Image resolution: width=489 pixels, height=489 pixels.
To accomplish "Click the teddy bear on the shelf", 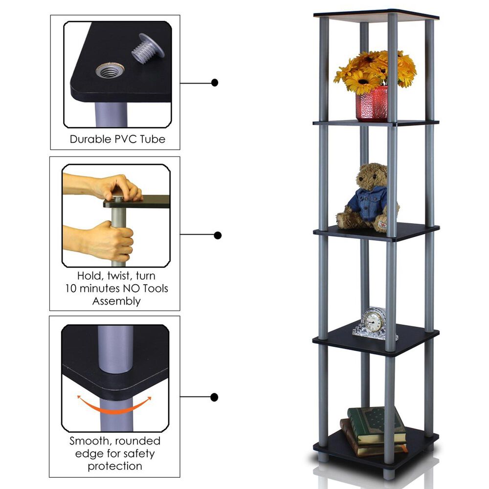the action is [366, 198].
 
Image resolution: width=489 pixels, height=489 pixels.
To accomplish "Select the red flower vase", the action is [372, 104].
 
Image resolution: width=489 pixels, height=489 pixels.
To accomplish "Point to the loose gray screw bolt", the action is [148, 48].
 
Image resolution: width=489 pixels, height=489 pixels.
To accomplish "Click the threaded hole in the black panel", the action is [110, 70].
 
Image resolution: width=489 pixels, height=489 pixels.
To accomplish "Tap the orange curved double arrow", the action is [114, 405].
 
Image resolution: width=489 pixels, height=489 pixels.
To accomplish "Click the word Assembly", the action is [116, 301].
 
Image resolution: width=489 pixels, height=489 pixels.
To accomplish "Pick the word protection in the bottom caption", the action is [115, 466].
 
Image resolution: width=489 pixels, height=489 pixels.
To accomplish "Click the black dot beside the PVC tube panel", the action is [215, 83].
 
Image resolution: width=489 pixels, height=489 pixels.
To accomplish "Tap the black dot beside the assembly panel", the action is [218, 235].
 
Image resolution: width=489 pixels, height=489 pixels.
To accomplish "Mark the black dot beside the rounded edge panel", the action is [214, 397].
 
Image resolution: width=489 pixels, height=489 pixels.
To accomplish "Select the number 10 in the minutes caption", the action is [71, 289].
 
